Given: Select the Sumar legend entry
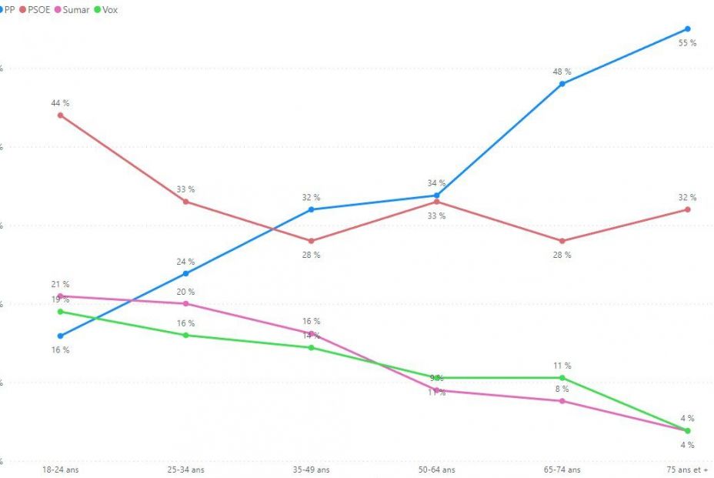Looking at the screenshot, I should (76, 9).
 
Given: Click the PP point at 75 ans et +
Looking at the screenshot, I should (687, 29).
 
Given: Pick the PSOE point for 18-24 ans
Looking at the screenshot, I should (61, 115).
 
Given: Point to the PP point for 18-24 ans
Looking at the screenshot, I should (61, 336).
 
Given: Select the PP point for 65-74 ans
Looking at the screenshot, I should (562, 84).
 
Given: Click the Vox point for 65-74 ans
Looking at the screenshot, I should (562, 378).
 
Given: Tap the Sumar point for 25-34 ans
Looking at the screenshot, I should (185, 303).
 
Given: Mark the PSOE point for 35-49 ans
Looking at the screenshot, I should (311, 241).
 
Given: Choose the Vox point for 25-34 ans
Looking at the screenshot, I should (185, 335).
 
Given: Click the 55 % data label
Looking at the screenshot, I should (687, 43).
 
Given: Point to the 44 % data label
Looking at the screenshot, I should (61, 102).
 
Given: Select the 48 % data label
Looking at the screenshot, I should (562, 72).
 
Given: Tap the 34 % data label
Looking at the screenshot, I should (436, 183).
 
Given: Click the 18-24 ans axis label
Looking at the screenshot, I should (61, 470).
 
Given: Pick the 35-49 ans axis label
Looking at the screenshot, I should (311, 470).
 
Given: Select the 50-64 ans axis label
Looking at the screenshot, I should (436, 470).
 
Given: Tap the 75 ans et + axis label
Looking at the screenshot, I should (686, 470).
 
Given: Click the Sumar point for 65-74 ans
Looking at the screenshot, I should (562, 401).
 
